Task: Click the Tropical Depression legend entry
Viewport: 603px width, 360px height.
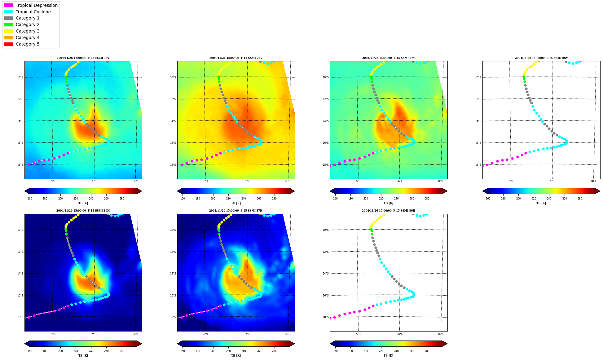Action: click(31, 5)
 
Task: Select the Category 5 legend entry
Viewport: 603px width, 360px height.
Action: click(22, 44)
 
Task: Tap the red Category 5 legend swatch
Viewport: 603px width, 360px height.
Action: click(8, 44)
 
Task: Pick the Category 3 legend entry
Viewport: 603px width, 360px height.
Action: click(22, 31)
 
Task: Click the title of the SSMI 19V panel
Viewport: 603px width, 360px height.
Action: click(83, 58)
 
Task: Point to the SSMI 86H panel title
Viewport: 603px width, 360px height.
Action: click(389, 211)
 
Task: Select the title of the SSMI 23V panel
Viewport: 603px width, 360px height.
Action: click(236, 58)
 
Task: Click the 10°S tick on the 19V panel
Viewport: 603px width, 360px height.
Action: click(20, 77)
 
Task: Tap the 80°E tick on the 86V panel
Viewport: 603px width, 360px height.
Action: click(594, 181)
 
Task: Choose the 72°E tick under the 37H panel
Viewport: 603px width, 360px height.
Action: click(206, 334)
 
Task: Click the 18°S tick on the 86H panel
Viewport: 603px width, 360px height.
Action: click(326, 317)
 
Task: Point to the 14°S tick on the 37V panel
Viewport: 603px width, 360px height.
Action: click(326, 121)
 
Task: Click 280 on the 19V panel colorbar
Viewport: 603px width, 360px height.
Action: click(122, 199)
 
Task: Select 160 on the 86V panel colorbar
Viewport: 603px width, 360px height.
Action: click(488, 199)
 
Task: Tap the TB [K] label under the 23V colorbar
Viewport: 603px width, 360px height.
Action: click(236, 203)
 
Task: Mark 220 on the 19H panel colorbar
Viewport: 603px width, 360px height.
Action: click(76, 351)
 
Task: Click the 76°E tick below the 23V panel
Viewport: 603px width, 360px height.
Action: click(247, 181)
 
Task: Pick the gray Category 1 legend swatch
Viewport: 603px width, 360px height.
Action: click(8, 18)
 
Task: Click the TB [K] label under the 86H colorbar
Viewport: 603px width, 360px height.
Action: click(389, 356)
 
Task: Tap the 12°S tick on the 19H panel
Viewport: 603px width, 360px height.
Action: click(20, 252)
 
